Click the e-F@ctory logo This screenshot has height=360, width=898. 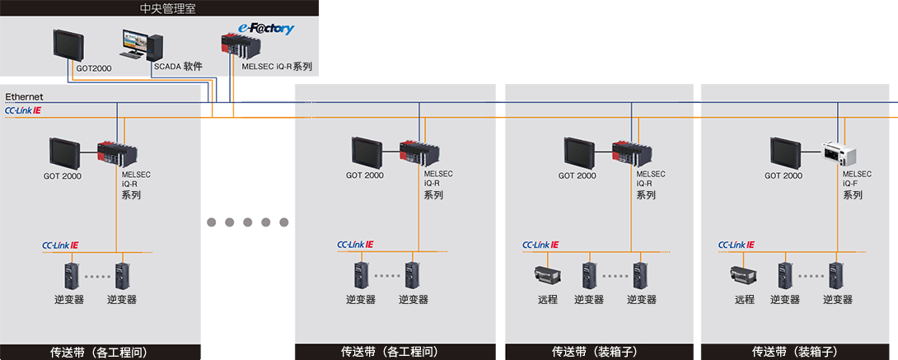click(266, 28)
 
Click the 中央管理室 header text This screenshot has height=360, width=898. click(160, 9)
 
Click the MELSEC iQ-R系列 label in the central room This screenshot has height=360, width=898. click(277, 66)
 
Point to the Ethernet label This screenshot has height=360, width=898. click(24, 97)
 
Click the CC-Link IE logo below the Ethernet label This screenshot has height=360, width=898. click(23, 110)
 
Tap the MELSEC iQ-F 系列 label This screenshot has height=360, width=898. click(856, 185)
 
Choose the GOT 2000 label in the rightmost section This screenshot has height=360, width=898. click(783, 175)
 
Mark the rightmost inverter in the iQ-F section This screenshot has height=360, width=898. click(836, 275)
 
